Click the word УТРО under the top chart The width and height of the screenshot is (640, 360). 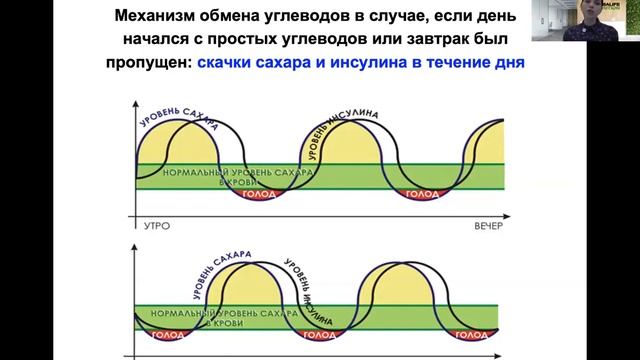click(x=150, y=227)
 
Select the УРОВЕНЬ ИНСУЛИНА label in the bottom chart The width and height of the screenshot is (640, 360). click(x=307, y=286)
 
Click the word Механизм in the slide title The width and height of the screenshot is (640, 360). click(x=159, y=16)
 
